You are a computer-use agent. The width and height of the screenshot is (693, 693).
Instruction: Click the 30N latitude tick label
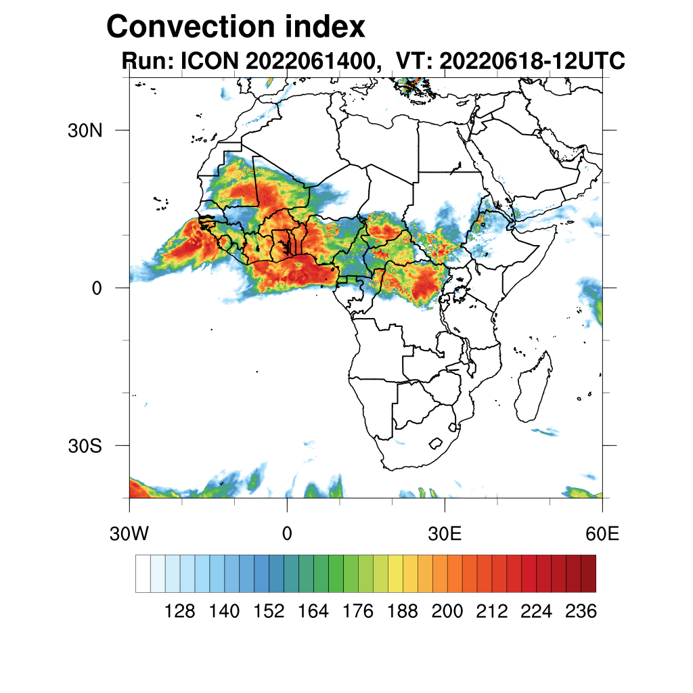coord(85,130)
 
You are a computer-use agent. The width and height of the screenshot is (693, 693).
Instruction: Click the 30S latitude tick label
coord(85,446)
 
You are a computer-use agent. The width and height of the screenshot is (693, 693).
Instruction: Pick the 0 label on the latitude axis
coord(96,288)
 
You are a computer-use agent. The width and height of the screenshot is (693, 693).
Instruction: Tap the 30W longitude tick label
coord(129,535)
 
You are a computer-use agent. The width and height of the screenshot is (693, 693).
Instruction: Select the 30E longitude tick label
coord(445,535)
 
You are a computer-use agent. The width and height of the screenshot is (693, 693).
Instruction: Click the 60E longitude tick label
coord(602,535)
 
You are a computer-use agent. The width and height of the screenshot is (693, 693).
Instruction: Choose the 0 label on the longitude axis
coord(287,535)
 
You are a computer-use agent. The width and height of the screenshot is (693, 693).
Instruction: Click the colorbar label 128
coord(180,612)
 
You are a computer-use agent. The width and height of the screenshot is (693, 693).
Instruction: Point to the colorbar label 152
coord(269,612)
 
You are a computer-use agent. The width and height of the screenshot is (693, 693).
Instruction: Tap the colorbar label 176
coord(358,612)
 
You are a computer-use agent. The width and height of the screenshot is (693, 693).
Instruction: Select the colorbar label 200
coord(447,612)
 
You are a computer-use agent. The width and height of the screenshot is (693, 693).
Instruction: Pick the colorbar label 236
coord(581,612)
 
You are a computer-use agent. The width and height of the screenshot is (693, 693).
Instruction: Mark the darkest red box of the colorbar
coord(588,573)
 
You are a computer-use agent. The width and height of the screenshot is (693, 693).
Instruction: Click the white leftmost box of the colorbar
coord(143,573)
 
